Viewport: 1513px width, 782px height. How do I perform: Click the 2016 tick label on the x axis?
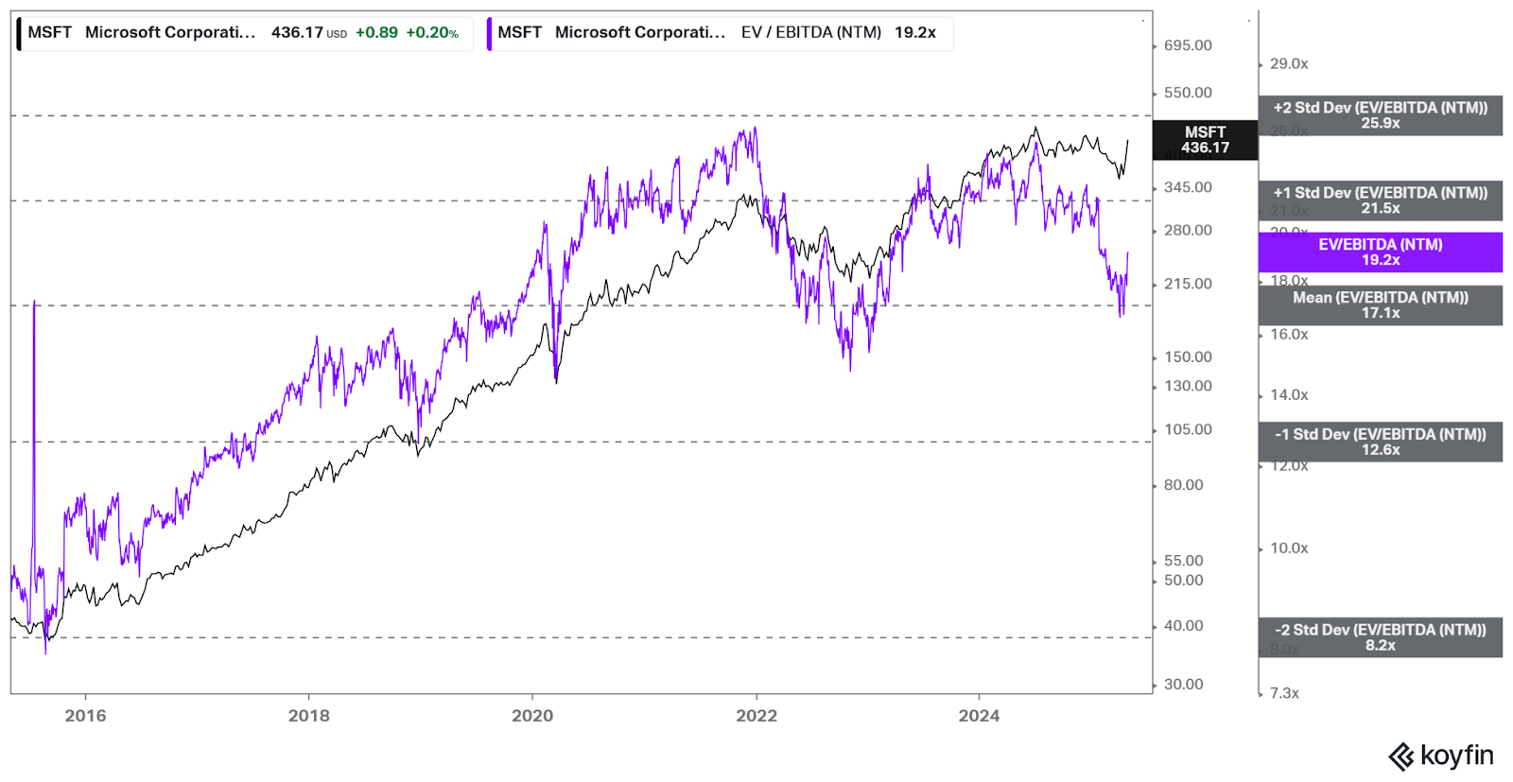click(x=85, y=716)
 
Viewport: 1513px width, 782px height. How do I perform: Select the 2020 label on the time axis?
click(x=532, y=716)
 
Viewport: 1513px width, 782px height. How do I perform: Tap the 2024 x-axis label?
click(x=979, y=716)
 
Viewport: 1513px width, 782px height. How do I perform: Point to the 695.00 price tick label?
click(x=1188, y=45)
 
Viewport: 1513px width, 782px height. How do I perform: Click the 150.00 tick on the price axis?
click(x=1188, y=356)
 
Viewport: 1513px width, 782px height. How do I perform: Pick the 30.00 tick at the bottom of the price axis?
click(x=1183, y=685)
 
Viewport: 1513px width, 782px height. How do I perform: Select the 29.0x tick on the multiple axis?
click(x=1289, y=64)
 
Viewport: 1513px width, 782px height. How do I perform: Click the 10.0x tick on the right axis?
click(x=1289, y=548)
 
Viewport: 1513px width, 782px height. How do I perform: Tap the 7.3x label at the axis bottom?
click(x=1284, y=693)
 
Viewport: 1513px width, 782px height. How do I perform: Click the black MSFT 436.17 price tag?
click(x=1205, y=140)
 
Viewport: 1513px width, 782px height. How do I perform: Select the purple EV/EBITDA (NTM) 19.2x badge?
click(x=1380, y=252)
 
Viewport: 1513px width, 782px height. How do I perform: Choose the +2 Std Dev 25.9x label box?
click(x=1380, y=115)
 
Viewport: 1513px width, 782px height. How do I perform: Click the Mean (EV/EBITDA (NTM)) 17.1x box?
click(x=1380, y=305)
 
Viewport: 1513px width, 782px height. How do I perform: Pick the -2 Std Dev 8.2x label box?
click(x=1380, y=637)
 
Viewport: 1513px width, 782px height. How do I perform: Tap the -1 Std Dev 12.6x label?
click(x=1380, y=442)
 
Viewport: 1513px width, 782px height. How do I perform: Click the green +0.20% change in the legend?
click(x=432, y=33)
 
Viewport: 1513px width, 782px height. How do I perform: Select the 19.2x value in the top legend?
click(x=914, y=33)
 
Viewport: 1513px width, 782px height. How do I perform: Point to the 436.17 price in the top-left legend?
click(x=297, y=33)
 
